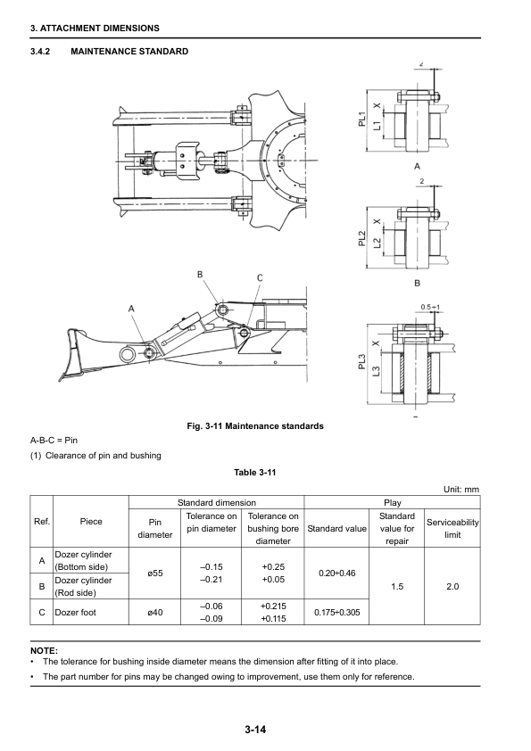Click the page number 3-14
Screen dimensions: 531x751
click(255, 730)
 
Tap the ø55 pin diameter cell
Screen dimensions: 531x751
click(154, 574)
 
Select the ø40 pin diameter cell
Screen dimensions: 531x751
click(154, 612)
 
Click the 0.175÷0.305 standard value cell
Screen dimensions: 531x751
click(337, 612)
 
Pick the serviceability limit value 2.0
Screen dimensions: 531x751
click(452, 586)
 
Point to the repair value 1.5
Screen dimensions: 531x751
click(397, 586)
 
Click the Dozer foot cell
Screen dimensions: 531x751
click(75, 612)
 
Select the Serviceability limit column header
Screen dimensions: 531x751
click(452, 528)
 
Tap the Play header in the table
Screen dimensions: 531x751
click(392, 502)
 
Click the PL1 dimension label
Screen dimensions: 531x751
click(362, 120)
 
